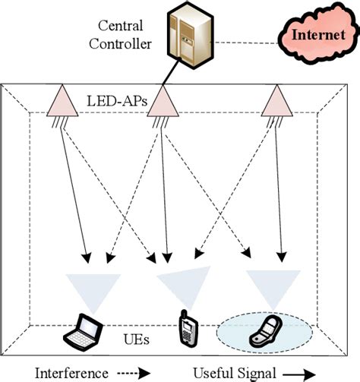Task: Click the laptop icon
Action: [81, 328]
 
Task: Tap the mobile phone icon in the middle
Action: [186, 327]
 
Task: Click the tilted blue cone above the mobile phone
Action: [182, 283]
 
